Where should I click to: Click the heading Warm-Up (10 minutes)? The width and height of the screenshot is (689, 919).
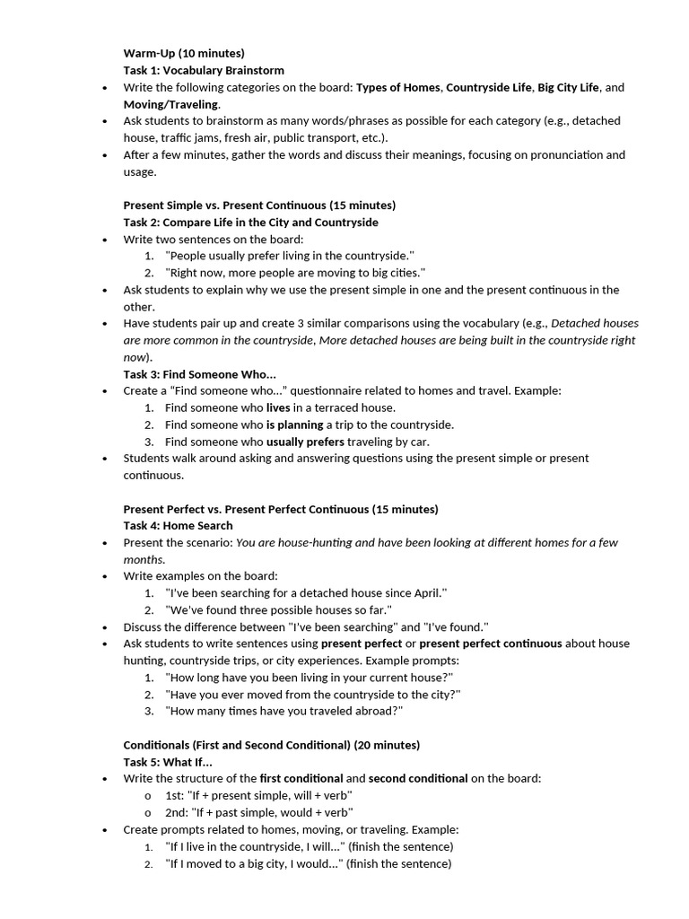pyautogui.click(x=183, y=53)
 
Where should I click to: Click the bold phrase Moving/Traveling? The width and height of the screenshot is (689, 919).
pyautogui.click(x=170, y=104)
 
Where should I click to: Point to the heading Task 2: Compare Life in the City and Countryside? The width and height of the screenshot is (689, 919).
pyautogui.click(x=250, y=222)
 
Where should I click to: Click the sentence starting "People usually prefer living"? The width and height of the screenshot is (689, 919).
pyautogui.click(x=289, y=256)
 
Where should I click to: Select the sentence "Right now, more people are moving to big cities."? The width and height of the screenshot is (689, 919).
pyautogui.click(x=294, y=273)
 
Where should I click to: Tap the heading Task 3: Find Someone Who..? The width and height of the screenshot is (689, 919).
pyautogui.click(x=199, y=374)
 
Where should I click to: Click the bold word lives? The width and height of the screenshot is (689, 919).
pyautogui.click(x=278, y=407)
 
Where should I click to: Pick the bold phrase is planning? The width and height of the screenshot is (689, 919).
pyautogui.click(x=294, y=424)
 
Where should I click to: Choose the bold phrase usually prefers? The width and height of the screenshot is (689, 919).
pyautogui.click(x=305, y=442)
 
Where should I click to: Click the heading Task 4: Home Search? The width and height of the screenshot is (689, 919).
pyautogui.click(x=178, y=526)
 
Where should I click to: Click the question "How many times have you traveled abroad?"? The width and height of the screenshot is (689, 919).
pyautogui.click(x=283, y=711)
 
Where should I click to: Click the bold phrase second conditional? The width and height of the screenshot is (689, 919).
pyautogui.click(x=418, y=778)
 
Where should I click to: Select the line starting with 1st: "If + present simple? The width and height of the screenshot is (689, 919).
pyautogui.click(x=258, y=795)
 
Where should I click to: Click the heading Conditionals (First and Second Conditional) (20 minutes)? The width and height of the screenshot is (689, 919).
pyautogui.click(x=271, y=745)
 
